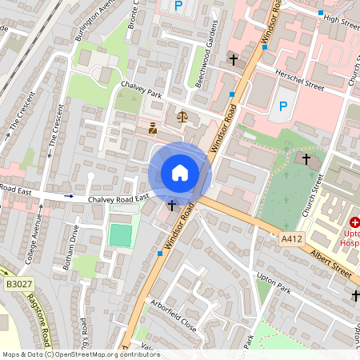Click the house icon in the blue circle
(x=180, y=173)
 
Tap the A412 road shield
(x=293, y=238)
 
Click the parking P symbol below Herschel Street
(x=282, y=106)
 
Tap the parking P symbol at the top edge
(x=178, y=6)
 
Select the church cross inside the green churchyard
(x=306, y=159)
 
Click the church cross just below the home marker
(x=171, y=206)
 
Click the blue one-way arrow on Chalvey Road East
(x=69, y=195)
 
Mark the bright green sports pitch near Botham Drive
(x=119, y=235)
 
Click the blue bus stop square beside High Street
(x=321, y=14)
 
